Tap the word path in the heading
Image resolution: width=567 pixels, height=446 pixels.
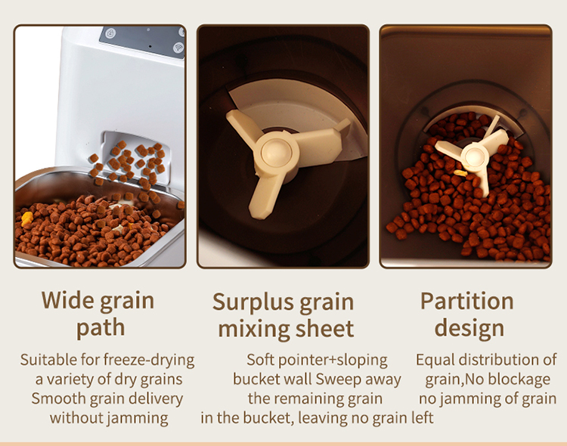click(101, 328)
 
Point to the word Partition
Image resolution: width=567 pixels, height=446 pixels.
click(467, 301)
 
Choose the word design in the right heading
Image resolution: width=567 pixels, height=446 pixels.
click(469, 328)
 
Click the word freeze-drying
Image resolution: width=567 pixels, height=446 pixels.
click(149, 361)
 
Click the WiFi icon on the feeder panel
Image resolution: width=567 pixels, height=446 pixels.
click(178, 48)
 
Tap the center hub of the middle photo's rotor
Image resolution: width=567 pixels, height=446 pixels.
click(276, 153)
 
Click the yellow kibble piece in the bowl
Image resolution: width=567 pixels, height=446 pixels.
click(26, 218)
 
